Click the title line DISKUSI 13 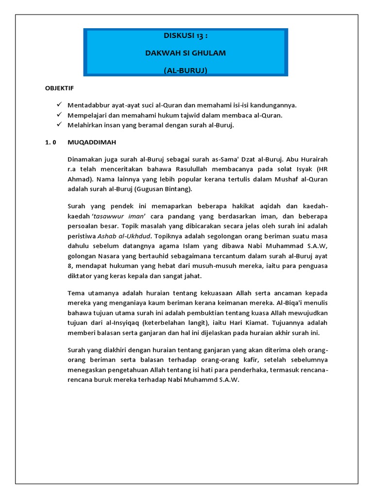click(x=186, y=36)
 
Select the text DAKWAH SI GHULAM click(x=186, y=53)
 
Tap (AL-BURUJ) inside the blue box click(x=186, y=71)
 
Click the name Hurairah click(x=313, y=159)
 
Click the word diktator click(x=83, y=276)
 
